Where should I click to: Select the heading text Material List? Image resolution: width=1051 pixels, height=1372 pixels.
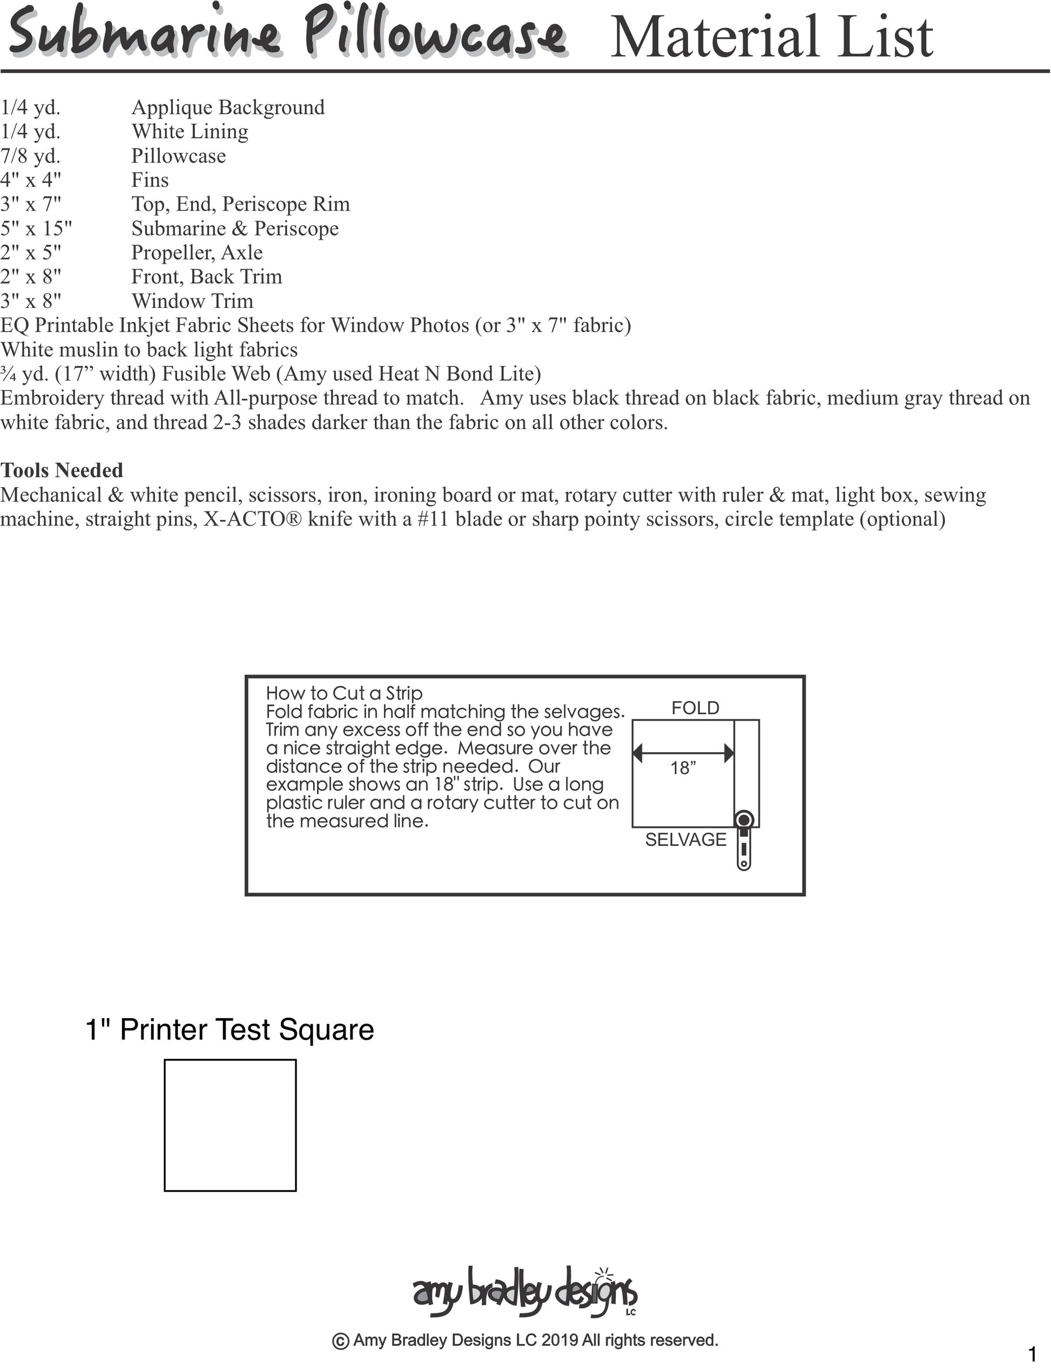(771, 37)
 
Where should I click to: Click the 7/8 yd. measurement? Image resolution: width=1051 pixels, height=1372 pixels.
(30, 156)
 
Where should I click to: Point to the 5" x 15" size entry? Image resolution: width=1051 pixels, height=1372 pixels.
(36, 228)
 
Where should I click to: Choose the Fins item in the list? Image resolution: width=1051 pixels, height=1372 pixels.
(150, 180)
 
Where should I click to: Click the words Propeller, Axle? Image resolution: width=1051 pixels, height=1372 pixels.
(197, 253)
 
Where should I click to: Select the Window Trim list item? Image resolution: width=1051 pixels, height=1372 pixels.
(192, 301)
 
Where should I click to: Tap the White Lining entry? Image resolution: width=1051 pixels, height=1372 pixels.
(190, 131)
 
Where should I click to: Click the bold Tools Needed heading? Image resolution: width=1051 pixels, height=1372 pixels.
(62, 470)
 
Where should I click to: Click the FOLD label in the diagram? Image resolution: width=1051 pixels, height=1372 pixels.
(695, 708)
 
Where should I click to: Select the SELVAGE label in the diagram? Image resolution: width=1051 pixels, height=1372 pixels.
(686, 839)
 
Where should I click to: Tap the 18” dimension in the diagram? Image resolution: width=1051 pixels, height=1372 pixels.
(683, 768)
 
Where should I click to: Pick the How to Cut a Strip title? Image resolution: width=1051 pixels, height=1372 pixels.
(344, 693)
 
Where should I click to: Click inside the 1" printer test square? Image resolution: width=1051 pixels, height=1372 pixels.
(230, 1125)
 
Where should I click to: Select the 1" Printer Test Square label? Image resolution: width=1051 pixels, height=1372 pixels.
(230, 1030)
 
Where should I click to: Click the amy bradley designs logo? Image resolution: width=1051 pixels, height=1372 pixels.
(524, 1290)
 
